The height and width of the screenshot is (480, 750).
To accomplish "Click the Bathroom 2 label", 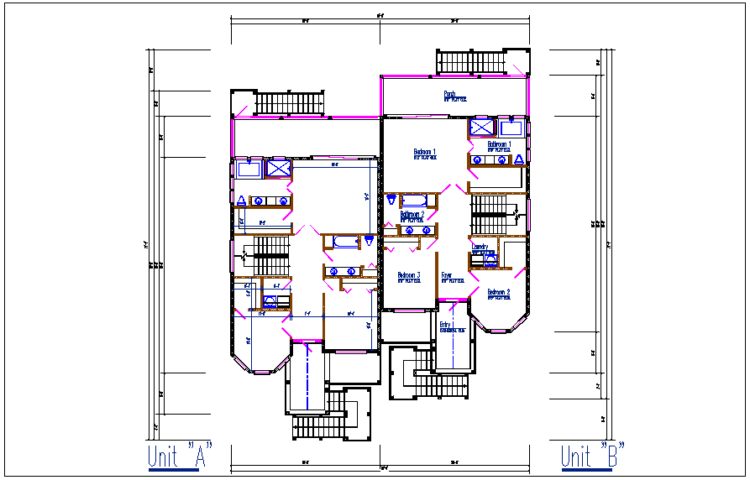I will [412, 216].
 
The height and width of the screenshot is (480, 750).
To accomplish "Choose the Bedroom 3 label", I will [409, 277].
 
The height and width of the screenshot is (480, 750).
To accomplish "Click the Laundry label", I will [480, 248].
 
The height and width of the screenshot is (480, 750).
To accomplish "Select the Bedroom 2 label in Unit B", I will [499, 294].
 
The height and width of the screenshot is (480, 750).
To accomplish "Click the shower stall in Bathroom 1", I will [482, 128].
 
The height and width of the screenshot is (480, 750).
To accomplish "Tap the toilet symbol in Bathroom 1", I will [518, 159].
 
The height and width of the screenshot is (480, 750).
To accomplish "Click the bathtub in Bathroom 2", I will [413, 200].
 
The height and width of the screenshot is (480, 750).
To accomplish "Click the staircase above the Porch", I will [470, 62].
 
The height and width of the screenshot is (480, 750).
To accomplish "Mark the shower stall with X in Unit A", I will [276, 168].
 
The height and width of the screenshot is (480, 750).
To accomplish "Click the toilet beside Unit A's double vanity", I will [242, 201].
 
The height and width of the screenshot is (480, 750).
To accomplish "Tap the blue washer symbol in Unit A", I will [270, 301].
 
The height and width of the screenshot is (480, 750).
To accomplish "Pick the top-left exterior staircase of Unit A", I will [288, 103].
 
